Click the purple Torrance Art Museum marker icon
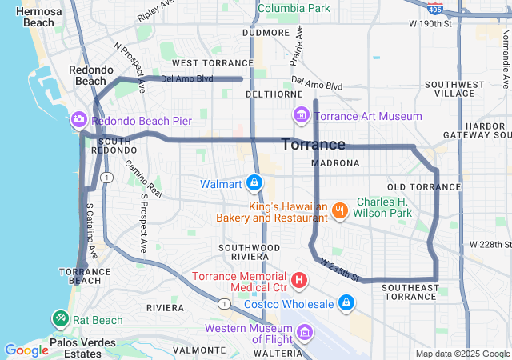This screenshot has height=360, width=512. (301, 116)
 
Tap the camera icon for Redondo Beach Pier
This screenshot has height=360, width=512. (78, 120)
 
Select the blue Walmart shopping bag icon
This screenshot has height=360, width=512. (254, 184)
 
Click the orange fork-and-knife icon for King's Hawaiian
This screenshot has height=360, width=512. (340, 210)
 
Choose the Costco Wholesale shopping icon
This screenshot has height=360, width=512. (346, 303)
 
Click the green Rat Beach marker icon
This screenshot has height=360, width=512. (61, 319)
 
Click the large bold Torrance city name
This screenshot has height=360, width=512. (314, 145)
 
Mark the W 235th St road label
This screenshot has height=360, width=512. (338, 270)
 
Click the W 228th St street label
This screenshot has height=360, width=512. (489, 244)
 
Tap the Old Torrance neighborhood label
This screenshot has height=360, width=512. (424, 186)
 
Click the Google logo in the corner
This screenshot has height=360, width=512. (26, 350)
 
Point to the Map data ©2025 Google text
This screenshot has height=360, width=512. (462, 354)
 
